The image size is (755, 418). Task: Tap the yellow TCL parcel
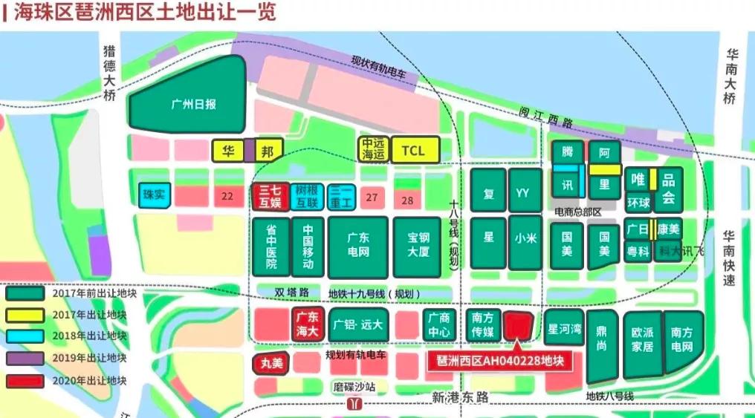point(414,150)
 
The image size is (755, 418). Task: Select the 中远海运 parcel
point(373,150)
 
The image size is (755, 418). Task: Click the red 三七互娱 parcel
point(270,197)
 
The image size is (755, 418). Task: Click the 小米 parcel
point(525,239)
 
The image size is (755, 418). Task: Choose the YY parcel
point(525,193)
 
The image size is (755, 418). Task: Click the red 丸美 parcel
point(272,364)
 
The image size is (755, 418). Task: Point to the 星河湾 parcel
point(564,327)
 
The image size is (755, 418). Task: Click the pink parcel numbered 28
point(407,200)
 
